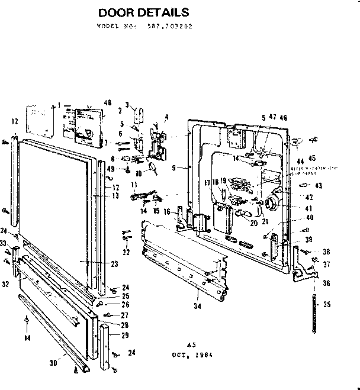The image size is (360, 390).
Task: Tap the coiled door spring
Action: pos(308,305)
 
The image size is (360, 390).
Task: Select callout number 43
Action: pos(319,185)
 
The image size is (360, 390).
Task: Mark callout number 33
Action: pos(4,243)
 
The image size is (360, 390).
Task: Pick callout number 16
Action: pos(168,211)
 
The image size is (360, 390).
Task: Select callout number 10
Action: pos(139,173)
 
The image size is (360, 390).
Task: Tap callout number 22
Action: pos(127,253)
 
